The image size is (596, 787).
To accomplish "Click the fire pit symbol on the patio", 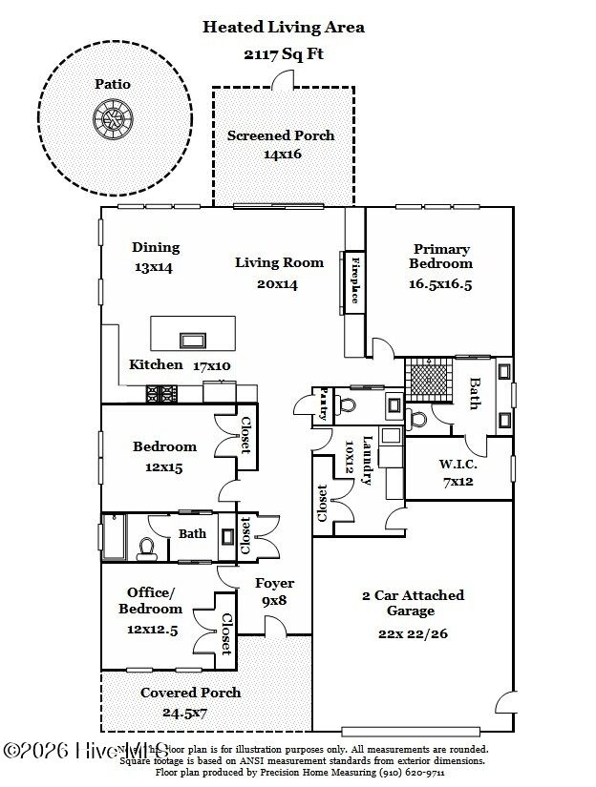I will pyautogui.click(x=112, y=119).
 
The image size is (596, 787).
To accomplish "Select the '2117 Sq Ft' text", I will pyautogui.click(x=284, y=53).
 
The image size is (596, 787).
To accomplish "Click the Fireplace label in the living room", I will pyautogui.click(x=354, y=280).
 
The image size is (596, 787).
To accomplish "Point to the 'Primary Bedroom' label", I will pyautogui.click(x=440, y=256).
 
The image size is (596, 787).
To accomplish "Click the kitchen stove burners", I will pyautogui.click(x=161, y=392).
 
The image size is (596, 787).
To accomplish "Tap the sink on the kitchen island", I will pyautogui.click(x=193, y=340).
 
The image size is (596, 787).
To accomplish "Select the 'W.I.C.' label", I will pyautogui.click(x=458, y=465).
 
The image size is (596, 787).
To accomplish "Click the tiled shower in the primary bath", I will pyautogui.click(x=427, y=375).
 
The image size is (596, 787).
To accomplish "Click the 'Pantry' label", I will pyautogui.click(x=324, y=402).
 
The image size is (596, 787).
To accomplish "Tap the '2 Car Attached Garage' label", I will pyautogui.click(x=412, y=603).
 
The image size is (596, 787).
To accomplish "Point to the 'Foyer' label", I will pyautogui.click(x=274, y=583).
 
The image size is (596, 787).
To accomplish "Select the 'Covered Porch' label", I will pyautogui.click(x=190, y=693).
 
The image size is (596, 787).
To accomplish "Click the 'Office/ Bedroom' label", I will pyautogui.click(x=150, y=601).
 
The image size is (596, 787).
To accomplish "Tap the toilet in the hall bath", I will pyautogui.click(x=147, y=547).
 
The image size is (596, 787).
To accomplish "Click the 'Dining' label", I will pyautogui.click(x=156, y=247).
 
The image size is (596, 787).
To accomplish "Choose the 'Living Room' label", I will pyautogui.click(x=280, y=262).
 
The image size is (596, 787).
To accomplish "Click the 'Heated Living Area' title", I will pyautogui.click(x=284, y=28).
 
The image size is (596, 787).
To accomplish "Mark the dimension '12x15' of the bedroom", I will pyautogui.click(x=164, y=467).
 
